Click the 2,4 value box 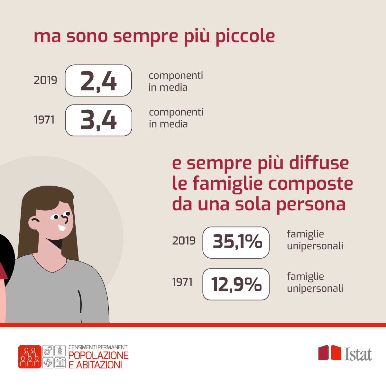point(98,80)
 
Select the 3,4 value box point(98,120)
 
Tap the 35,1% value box point(236,243)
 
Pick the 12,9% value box point(236,284)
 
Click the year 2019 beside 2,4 point(45,80)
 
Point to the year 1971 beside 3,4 point(44,120)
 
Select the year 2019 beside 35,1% point(184,241)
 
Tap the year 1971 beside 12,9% point(182,282)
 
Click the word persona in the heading point(311,205)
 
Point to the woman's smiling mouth point(62,228)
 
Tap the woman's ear point(34,223)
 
